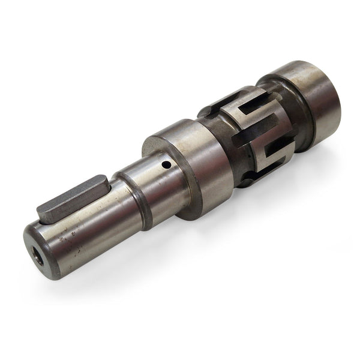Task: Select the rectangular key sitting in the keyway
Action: click(72, 197)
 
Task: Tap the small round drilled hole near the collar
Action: click(166, 164)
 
